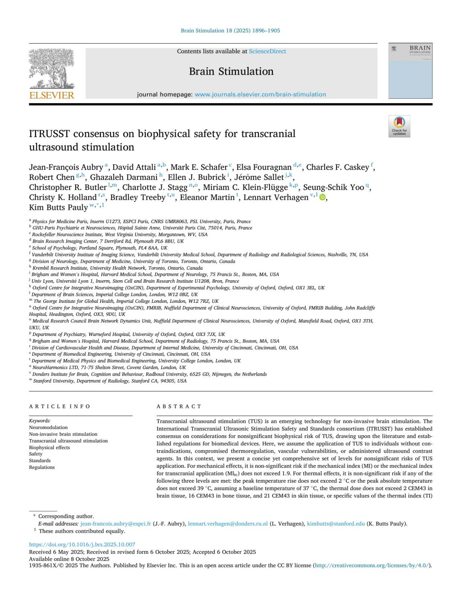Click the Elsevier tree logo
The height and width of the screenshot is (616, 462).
pyautogui.click(x=52, y=69)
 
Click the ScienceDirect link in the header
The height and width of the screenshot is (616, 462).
pyautogui.click(x=267, y=51)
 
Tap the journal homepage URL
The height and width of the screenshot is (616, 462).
pyautogui.click(x=260, y=94)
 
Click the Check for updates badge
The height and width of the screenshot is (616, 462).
pyautogui.click(x=399, y=126)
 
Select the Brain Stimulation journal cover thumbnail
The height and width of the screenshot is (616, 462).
pyautogui.click(x=410, y=71)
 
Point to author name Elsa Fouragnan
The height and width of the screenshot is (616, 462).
pyautogui.click(x=264, y=167)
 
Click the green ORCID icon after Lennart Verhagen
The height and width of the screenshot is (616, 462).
pyautogui.click(x=323, y=198)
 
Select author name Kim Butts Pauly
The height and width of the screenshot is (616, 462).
pyautogui.click(x=59, y=207)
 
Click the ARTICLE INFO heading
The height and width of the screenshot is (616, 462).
pyautogui.click(x=60, y=406)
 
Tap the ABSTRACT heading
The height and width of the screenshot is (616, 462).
pyautogui.click(x=179, y=406)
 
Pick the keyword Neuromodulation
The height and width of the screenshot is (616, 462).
pyautogui.click(x=49, y=427)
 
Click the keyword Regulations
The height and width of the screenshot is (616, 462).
pyautogui.click(x=42, y=467)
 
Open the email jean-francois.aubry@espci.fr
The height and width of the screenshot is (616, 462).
pyautogui.click(x=115, y=524)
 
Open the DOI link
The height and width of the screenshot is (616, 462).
pyautogui.click(x=82, y=544)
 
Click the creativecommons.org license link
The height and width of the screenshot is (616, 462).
pyautogui.click(x=372, y=566)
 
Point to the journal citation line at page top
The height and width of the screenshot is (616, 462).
pyautogui.click(x=230, y=30)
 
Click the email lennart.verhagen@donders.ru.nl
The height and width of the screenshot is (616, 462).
pyautogui.click(x=228, y=524)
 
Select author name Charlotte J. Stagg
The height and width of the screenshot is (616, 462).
pyautogui.click(x=155, y=187)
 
